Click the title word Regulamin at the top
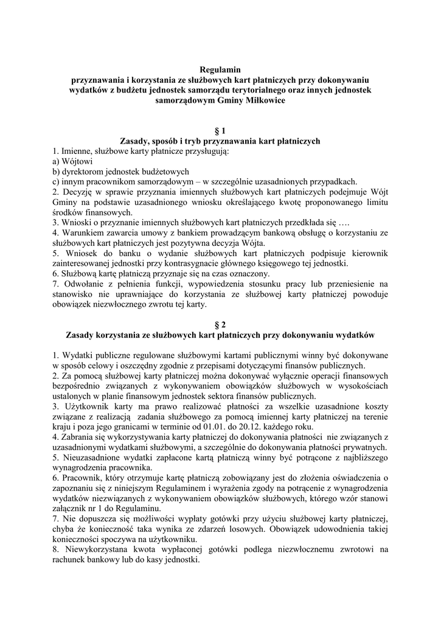coord(220,70)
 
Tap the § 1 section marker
coord(220,130)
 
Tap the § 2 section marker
coord(220,324)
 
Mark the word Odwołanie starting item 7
coord(83,283)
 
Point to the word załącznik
coord(72,507)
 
